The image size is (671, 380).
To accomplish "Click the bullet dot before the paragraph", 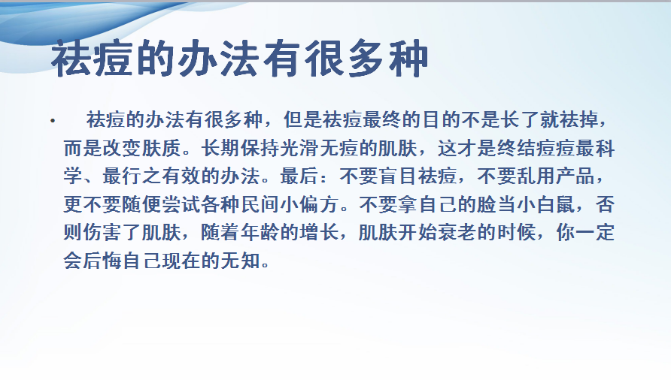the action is click(x=52, y=122).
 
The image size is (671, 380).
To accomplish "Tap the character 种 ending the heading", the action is click(x=408, y=59).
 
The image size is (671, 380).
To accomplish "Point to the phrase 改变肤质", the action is click(x=122, y=149).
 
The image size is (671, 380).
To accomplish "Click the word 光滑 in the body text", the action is click(x=299, y=149).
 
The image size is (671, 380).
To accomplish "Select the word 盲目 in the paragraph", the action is click(x=399, y=176).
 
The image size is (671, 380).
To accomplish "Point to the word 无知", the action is click(x=241, y=261).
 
